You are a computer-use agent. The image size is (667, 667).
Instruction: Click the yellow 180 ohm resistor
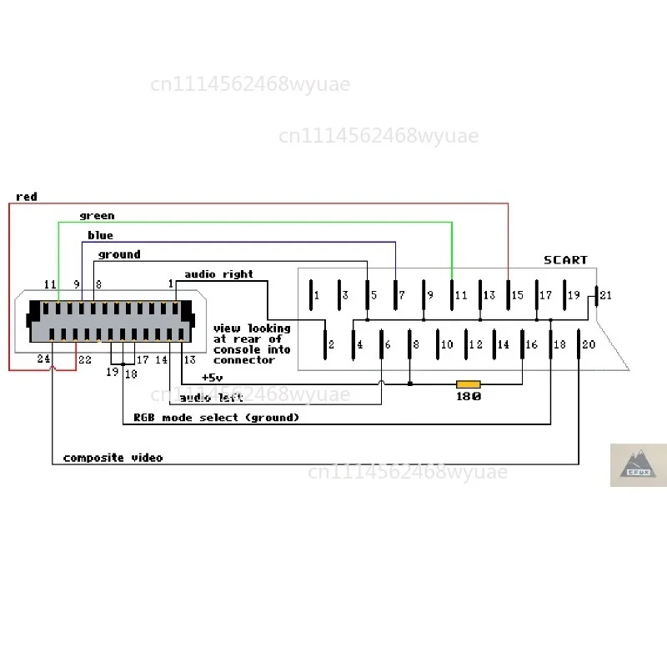click(x=468, y=384)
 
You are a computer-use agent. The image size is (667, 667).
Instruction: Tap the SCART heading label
click(x=565, y=260)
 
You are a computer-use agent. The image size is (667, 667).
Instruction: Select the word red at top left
click(x=27, y=197)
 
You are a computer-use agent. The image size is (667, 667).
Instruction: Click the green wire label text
click(x=97, y=216)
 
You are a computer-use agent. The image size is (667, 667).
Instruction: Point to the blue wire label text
click(x=100, y=235)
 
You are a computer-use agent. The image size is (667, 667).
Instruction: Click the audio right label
click(x=218, y=274)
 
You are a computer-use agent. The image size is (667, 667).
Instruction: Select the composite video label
click(x=113, y=458)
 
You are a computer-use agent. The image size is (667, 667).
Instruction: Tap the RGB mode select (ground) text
click(x=217, y=418)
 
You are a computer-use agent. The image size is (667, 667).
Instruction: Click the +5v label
click(x=212, y=378)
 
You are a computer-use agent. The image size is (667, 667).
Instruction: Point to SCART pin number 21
click(x=606, y=295)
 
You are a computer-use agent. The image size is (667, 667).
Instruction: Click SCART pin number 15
click(x=517, y=295)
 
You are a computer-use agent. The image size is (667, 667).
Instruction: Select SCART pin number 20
click(x=589, y=344)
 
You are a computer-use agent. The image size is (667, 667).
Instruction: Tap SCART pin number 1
click(x=317, y=295)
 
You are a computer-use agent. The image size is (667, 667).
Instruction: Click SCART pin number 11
click(x=461, y=295)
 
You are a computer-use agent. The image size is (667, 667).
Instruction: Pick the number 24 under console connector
click(x=43, y=359)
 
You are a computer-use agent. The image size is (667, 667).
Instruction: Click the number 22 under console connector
click(x=85, y=360)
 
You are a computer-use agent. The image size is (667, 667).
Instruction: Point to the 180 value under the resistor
click(x=469, y=397)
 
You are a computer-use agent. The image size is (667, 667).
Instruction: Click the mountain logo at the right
click(x=638, y=464)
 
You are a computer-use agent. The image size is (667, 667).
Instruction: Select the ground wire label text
click(x=119, y=254)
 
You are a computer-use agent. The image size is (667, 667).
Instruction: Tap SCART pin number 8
click(x=416, y=344)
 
